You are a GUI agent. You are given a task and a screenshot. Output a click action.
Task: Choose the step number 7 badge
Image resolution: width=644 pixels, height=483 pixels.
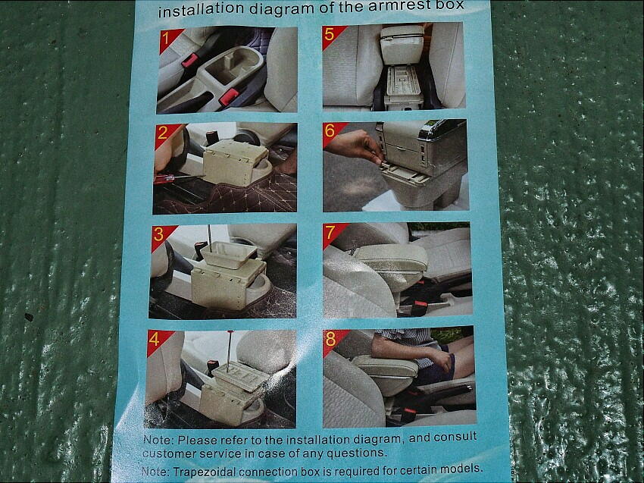[333, 234]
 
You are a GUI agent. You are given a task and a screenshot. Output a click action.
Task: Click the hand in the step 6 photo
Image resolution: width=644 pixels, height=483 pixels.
[357, 146]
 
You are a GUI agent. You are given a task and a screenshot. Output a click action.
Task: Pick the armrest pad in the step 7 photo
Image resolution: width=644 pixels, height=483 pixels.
[391, 257]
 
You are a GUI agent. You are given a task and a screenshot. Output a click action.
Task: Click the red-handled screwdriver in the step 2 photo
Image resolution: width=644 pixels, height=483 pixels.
[179, 178]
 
